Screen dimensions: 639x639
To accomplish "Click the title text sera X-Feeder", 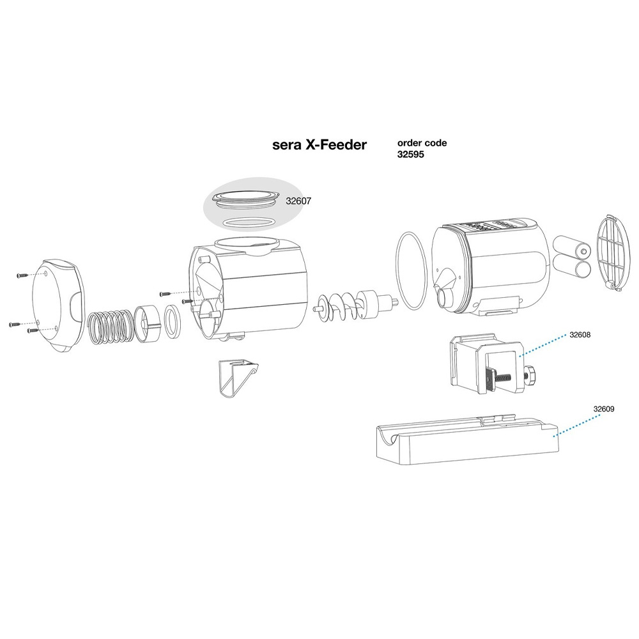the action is pyautogui.click(x=319, y=144).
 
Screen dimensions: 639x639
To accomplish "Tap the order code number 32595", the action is pyautogui.click(x=411, y=155).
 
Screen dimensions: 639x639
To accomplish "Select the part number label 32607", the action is pyautogui.click(x=298, y=201).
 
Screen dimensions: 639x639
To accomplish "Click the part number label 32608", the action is pyautogui.click(x=580, y=335).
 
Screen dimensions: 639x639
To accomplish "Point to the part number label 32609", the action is pyautogui.click(x=604, y=409).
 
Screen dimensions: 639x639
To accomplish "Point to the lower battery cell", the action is pyautogui.click(x=571, y=268).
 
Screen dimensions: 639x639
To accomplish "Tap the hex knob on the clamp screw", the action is pyautogui.click(x=530, y=375).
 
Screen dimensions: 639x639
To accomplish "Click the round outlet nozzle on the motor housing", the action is pyautogui.click(x=445, y=300).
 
